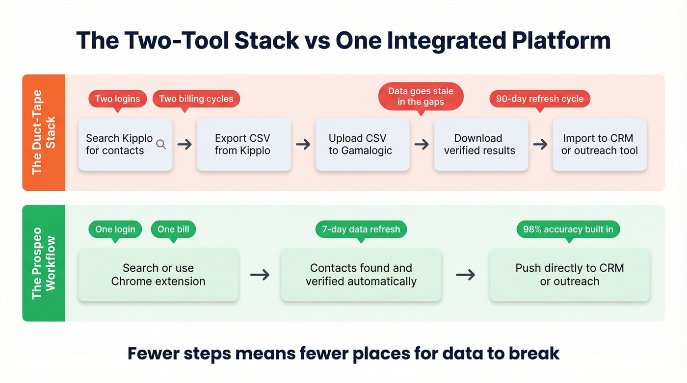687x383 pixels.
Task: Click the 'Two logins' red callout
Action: click(x=117, y=99)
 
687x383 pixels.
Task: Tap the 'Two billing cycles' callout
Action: click(x=196, y=99)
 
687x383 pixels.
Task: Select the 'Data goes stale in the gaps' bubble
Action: click(x=421, y=96)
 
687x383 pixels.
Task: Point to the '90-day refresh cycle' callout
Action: click(x=540, y=99)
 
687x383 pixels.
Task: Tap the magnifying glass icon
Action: click(x=160, y=144)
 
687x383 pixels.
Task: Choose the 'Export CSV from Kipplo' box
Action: click(x=244, y=144)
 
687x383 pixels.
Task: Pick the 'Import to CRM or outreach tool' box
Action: click(x=599, y=144)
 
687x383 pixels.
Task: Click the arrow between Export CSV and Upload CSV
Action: click(x=303, y=144)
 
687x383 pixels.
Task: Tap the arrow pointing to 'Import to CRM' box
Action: click(x=540, y=144)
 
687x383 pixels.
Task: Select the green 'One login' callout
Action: click(x=115, y=229)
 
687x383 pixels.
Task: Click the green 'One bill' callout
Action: click(x=173, y=229)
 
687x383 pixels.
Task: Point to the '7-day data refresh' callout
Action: click(x=361, y=229)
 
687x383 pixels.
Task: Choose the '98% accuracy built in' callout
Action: click(x=568, y=229)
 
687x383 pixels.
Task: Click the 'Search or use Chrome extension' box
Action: click(x=158, y=275)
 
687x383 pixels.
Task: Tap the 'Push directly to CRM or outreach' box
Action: click(x=569, y=275)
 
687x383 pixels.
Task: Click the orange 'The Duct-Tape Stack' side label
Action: click(x=44, y=132)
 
